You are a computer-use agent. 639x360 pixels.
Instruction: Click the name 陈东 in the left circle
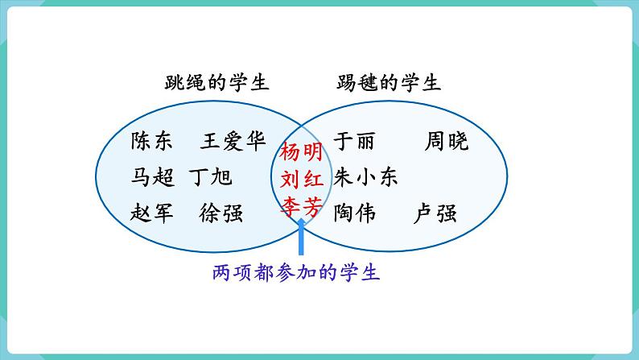[x=151, y=142]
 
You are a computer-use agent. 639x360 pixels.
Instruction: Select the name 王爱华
[x=233, y=142]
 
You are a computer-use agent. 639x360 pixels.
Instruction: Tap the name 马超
[x=151, y=177]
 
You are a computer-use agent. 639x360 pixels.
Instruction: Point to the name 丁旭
[x=211, y=177]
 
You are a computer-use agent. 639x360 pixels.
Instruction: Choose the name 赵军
[x=151, y=213]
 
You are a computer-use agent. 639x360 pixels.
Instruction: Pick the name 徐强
[x=222, y=213]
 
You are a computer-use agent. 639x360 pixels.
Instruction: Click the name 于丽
[x=353, y=142]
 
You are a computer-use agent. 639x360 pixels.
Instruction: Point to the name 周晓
[x=447, y=142]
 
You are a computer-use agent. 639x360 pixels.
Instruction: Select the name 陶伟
[x=354, y=213]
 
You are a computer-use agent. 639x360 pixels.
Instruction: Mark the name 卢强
[x=435, y=213]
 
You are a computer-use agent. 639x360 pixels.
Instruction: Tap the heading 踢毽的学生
[x=389, y=83]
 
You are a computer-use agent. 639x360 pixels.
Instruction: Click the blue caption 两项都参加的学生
[x=297, y=273]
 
